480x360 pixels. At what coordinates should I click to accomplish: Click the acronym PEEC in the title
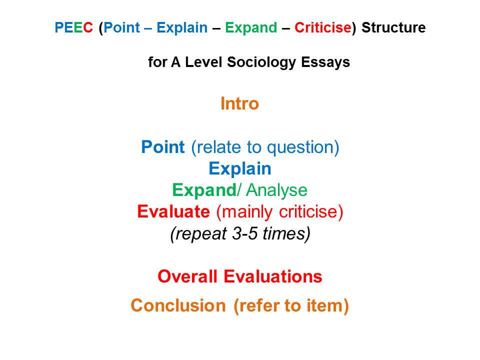pyautogui.click(x=74, y=27)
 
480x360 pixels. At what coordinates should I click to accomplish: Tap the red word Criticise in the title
pyautogui.click(x=323, y=27)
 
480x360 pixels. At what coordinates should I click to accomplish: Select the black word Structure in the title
pyautogui.click(x=393, y=27)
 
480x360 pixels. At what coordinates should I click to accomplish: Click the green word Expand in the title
pyautogui.click(x=251, y=28)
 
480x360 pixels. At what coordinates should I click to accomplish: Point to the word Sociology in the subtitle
pyautogui.click(x=261, y=62)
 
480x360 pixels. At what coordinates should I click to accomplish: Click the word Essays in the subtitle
pyautogui.click(x=325, y=62)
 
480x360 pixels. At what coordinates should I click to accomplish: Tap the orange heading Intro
pyautogui.click(x=239, y=103)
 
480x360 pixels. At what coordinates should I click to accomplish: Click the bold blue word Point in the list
pyautogui.click(x=163, y=146)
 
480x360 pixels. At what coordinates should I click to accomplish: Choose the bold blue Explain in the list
pyautogui.click(x=240, y=168)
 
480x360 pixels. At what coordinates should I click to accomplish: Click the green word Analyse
pyautogui.click(x=276, y=190)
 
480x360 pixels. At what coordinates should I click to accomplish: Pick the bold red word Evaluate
pyautogui.click(x=173, y=211)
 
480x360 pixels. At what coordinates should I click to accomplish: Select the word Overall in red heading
pyautogui.click(x=187, y=276)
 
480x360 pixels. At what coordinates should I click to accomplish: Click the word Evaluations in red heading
pyautogui.click(x=273, y=276)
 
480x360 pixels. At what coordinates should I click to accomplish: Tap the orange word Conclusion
pyautogui.click(x=178, y=305)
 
